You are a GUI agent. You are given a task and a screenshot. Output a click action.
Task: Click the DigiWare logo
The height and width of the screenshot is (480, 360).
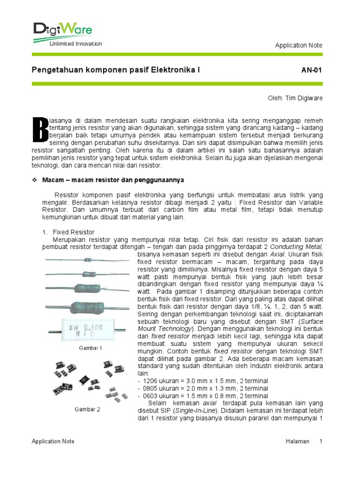(62, 30)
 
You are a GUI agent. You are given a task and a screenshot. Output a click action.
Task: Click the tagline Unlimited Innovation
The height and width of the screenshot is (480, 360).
(75, 44)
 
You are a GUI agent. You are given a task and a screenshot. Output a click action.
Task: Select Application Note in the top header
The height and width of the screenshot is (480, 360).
(299, 45)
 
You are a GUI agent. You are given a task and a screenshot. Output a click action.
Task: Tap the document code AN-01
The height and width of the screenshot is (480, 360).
(312, 70)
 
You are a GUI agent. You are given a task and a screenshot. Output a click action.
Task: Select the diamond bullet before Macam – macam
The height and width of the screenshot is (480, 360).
(34, 180)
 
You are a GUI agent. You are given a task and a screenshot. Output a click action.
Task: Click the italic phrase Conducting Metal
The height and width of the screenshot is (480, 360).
(300, 247)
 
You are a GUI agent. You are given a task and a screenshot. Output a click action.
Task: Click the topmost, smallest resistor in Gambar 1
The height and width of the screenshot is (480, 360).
(88, 259)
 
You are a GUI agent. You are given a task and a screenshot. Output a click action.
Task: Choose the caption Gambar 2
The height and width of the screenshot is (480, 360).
(88, 409)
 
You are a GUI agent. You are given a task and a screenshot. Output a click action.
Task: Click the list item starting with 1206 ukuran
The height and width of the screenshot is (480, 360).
(203, 381)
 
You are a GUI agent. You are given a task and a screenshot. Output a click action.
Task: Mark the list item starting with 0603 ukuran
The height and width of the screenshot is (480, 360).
(203, 396)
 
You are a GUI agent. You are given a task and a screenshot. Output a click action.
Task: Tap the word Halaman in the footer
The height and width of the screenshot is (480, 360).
(297, 441)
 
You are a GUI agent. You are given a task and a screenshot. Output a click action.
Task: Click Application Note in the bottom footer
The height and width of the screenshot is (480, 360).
(53, 441)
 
